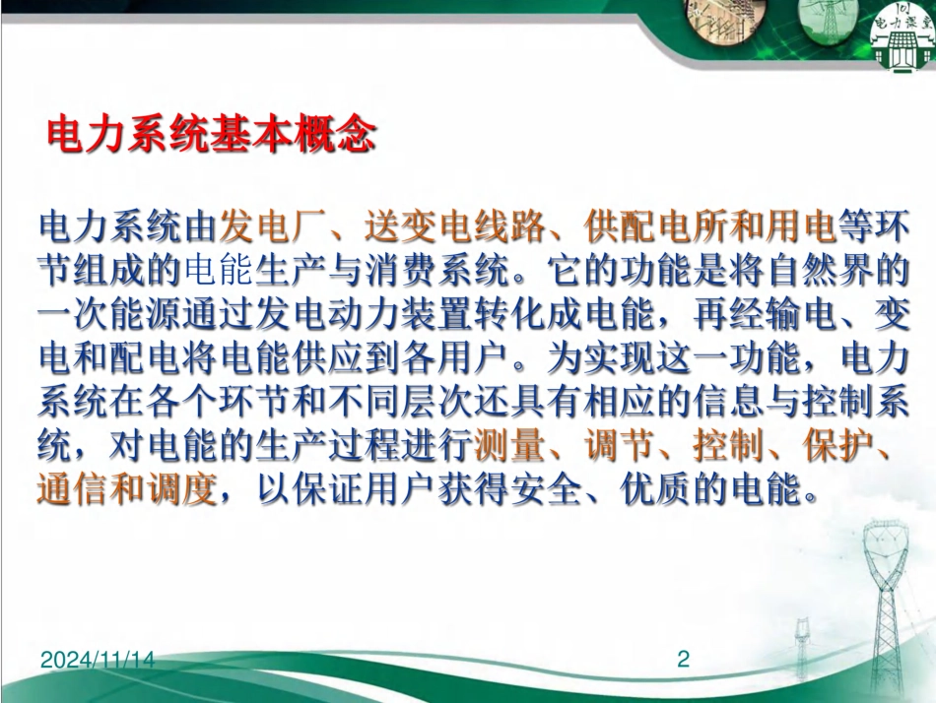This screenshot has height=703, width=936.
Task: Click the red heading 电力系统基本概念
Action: click(x=212, y=135)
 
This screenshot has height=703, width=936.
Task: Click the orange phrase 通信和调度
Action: click(x=126, y=489)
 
